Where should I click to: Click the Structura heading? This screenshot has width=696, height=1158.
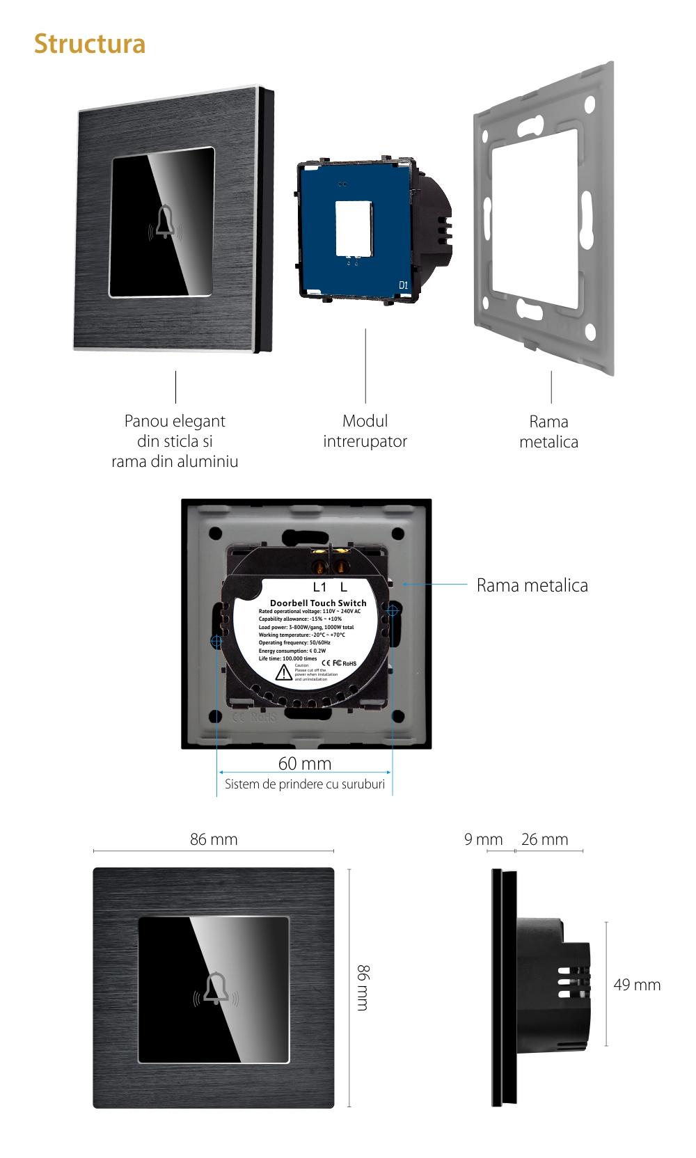tap(90, 44)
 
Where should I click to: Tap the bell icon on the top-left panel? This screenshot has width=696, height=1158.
tap(165, 222)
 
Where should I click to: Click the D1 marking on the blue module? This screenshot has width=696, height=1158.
tap(404, 285)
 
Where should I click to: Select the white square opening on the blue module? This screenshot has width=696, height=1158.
tap(354, 229)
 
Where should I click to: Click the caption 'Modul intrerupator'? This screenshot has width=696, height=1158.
tap(365, 431)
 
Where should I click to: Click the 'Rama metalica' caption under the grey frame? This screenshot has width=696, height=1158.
tap(548, 431)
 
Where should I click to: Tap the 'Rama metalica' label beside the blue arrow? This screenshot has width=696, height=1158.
tap(532, 585)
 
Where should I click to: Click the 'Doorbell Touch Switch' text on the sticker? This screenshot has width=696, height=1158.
tap(318, 603)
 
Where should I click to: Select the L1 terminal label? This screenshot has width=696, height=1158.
tap(319, 587)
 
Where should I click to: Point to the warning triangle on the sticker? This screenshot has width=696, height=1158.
tap(283, 673)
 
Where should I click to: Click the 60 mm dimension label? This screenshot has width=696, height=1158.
tap(305, 763)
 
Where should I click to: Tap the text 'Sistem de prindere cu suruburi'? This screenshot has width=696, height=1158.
tap(305, 784)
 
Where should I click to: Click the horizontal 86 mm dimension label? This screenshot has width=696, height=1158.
tap(214, 839)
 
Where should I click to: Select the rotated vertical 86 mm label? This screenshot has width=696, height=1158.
tap(363, 988)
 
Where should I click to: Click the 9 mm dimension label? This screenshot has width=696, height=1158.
tap(483, 839)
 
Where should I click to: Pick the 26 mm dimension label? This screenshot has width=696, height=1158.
tap(544, 839)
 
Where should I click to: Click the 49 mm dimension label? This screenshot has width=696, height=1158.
tap(637, 985)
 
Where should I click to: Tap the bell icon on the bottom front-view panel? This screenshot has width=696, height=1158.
tap(216, 988)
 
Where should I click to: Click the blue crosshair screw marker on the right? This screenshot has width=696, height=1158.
tap(392, 611)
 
